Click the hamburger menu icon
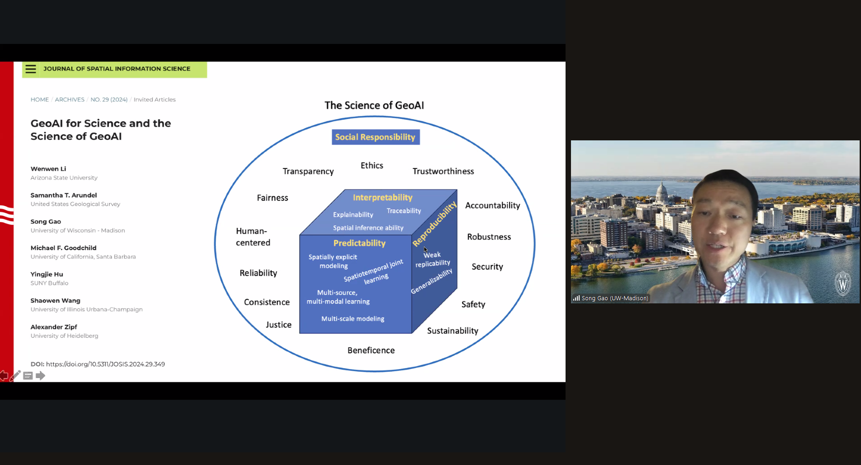[x=31, y=69]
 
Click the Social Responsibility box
[x=376, y=137]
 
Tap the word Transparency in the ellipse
[x=308, y=171]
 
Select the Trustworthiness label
[x=443, y=171]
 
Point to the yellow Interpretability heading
[x=382, y=197]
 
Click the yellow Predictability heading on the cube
[x=359, y=243]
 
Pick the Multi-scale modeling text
[x=352, y=319]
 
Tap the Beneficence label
[x=371, y=350]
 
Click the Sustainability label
[x=452, y=331]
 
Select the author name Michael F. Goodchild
[x=63, y=248]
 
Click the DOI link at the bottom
[x=105, y=364]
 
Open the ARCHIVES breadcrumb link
[x=70, y=100]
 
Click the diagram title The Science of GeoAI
[x=374, y=105]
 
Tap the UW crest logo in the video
[x=842, y=284]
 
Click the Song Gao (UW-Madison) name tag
[x=614, y=298]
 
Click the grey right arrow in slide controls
[x=41, y=376]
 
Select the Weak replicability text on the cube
[x=433, y=259]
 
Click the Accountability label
[x=492, y=206]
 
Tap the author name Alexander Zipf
[x=54, y=327]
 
